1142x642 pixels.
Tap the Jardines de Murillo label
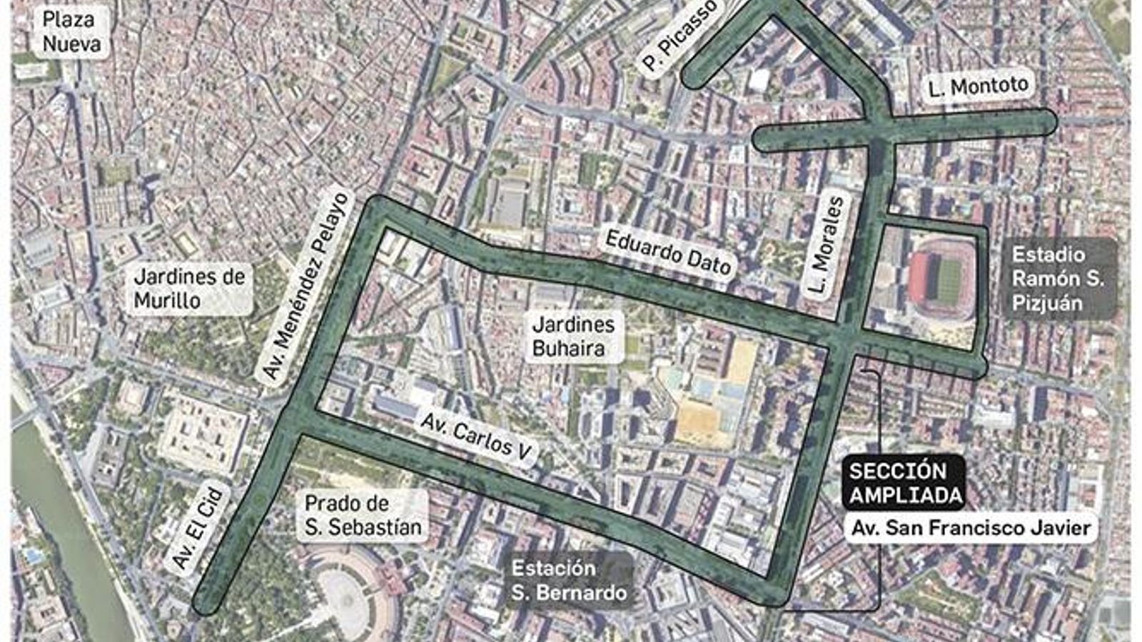coord(189,288)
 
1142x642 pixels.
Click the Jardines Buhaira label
coord(572,337)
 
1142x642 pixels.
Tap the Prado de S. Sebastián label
coord(363,515)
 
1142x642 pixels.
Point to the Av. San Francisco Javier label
coord(971,529)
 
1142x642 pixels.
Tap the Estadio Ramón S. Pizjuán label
coord(1058,279)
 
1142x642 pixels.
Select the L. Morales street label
coord(827,246)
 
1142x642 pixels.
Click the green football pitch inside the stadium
coord(949,278)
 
